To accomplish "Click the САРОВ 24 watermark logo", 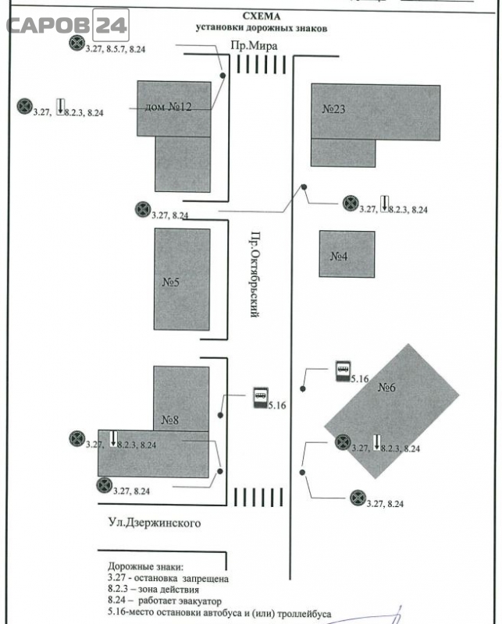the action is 68,25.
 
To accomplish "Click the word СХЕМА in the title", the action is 262,16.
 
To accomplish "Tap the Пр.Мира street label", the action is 254,45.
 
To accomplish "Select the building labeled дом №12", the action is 175,136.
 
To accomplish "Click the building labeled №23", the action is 376,125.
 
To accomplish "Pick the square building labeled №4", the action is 347,254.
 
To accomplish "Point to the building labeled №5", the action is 182,279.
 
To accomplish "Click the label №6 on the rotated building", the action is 386,387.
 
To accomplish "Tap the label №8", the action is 170,420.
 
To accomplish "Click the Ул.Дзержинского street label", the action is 155,523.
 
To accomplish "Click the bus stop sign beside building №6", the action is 343,371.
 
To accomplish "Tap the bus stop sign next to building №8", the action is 261,398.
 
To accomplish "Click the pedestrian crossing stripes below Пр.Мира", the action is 262,65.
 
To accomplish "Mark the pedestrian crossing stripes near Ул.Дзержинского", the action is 258,497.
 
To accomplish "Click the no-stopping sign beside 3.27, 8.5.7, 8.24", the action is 77,43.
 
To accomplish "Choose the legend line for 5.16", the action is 219,613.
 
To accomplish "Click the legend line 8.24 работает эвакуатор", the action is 165,601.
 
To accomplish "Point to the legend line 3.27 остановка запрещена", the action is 168,578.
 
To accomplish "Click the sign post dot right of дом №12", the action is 223,75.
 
